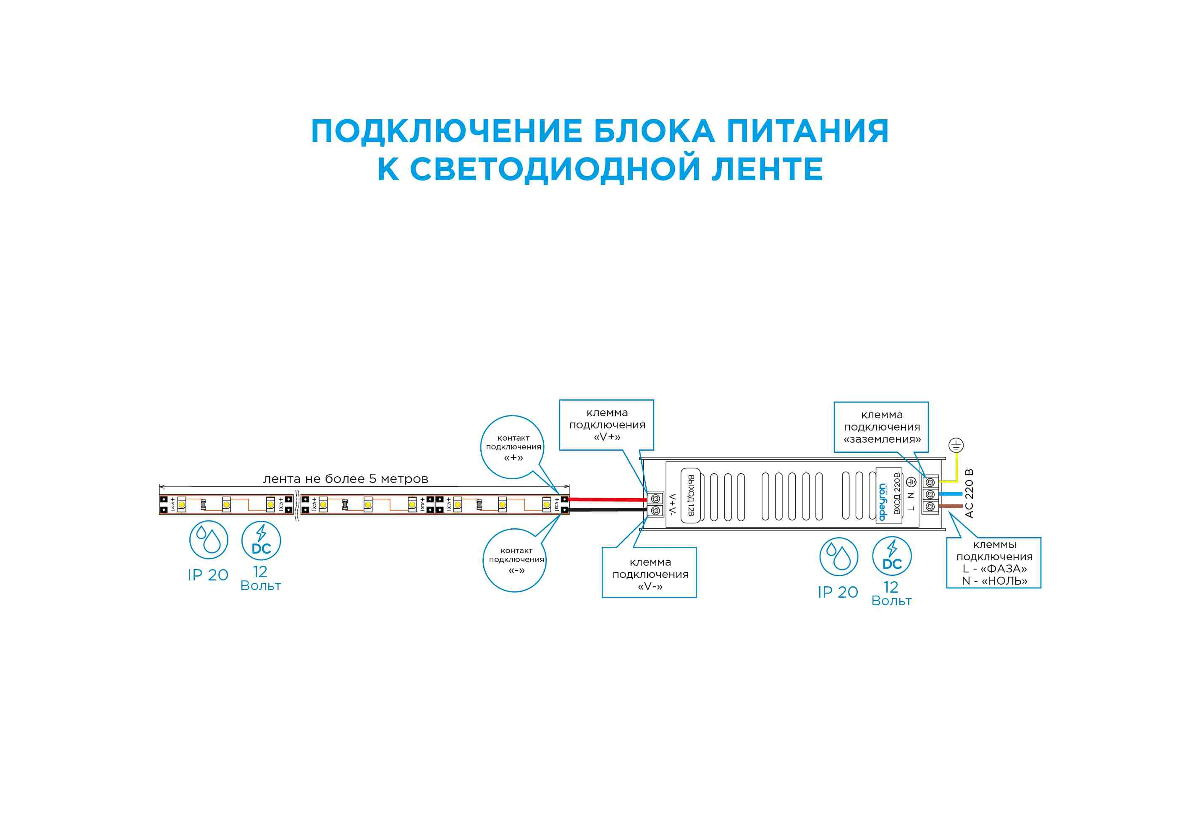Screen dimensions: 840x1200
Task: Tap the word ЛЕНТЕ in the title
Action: [767, 169]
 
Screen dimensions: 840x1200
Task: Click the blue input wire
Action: [950, 494]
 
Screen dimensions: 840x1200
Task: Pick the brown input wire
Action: [950, 506]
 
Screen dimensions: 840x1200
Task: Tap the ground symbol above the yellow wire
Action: [956, 445]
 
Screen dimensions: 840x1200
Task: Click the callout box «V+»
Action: [606, 425]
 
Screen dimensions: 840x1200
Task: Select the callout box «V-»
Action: [649, 573]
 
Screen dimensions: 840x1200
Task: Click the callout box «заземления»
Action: [881, 427]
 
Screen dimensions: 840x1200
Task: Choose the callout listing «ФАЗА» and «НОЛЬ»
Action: [993, 562]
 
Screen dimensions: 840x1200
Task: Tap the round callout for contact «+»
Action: [513, 447]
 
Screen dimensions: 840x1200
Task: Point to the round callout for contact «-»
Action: [515, 560]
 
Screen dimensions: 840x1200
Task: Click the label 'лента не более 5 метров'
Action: [346, 479]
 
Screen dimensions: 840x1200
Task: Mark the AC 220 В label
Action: [969, 493]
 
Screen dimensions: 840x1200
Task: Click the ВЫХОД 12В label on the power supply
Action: [690, 495]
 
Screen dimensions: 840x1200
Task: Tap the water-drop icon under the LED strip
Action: [209, 540]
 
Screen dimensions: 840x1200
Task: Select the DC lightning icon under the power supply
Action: [892, 556]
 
